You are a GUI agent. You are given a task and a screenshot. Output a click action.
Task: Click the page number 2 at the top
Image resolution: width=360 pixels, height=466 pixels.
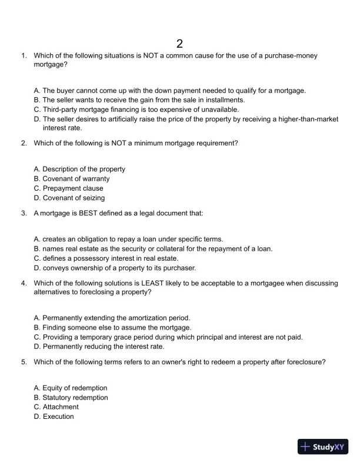pos(179,43)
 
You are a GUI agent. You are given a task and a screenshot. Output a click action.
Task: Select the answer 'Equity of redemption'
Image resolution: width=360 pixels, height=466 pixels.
pos(71,388)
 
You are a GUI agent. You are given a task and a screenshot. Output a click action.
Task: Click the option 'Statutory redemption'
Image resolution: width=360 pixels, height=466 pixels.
pos(71,398)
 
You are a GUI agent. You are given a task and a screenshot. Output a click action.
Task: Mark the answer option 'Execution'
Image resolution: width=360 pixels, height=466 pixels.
pos(54,417)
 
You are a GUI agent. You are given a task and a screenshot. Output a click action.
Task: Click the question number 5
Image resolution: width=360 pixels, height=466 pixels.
pos(24,362)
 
